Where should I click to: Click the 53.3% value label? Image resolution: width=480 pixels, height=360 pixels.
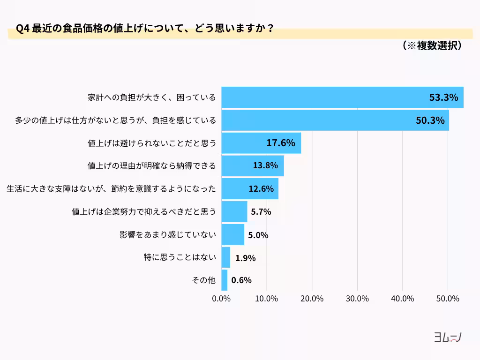[443, 97]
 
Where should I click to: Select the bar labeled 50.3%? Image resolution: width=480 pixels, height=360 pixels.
[335, 120]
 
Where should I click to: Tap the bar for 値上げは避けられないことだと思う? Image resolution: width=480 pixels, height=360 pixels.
[261, 143]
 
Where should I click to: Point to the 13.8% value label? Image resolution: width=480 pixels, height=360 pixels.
[265, 165]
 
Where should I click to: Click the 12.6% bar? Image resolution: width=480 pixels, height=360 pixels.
[250, 188]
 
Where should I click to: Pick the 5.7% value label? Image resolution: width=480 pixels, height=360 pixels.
[261, 211]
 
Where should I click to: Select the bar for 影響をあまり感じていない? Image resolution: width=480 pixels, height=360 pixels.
[232, 234]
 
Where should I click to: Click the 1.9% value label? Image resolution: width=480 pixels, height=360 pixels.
[245, 257]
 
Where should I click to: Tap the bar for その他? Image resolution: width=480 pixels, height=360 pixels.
[224, 280]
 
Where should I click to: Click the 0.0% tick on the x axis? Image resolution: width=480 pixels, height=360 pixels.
[221, 299]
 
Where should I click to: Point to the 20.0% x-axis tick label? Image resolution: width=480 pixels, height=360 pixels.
[312, 299]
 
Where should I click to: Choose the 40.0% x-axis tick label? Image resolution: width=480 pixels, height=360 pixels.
[402, 299]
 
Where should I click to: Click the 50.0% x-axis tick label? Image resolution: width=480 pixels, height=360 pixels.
[448, 299]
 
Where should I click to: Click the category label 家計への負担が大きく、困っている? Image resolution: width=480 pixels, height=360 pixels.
[152, 97]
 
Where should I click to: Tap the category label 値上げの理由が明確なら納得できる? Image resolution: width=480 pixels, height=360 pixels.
[152, 165]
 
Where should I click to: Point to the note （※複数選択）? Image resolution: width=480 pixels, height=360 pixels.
[432, 45]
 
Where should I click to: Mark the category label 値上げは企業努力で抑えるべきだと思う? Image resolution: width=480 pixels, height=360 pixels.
[144, 211]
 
